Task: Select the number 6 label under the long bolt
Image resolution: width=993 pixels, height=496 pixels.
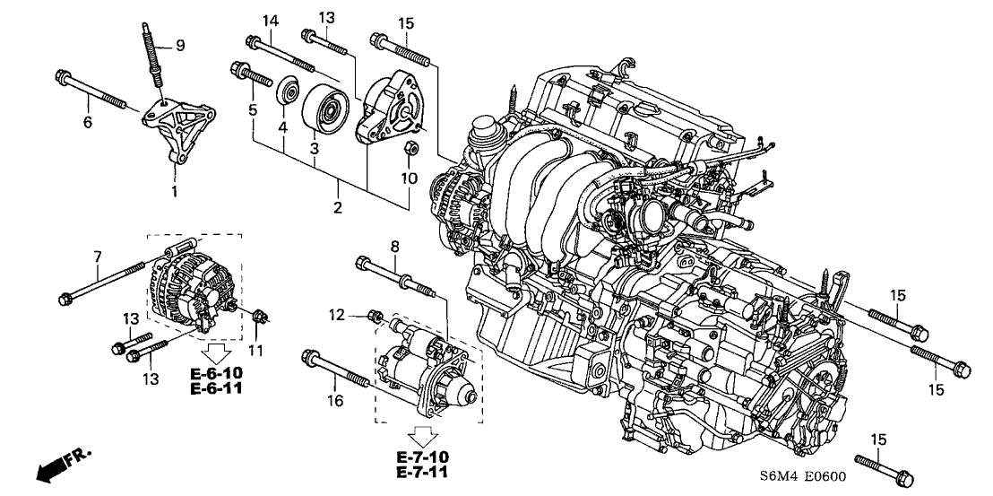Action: [88, 123]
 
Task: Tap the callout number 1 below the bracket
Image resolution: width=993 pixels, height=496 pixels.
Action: [174, 191]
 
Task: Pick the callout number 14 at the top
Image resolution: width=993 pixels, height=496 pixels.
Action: [268, 21]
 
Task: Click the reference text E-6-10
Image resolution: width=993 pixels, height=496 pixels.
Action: [216, 373]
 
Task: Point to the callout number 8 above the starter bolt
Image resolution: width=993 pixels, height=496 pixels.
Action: [393, 246]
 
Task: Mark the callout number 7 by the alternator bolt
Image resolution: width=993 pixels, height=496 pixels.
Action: [96, 259]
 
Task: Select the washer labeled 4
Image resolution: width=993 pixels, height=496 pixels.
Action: [289, 93]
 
